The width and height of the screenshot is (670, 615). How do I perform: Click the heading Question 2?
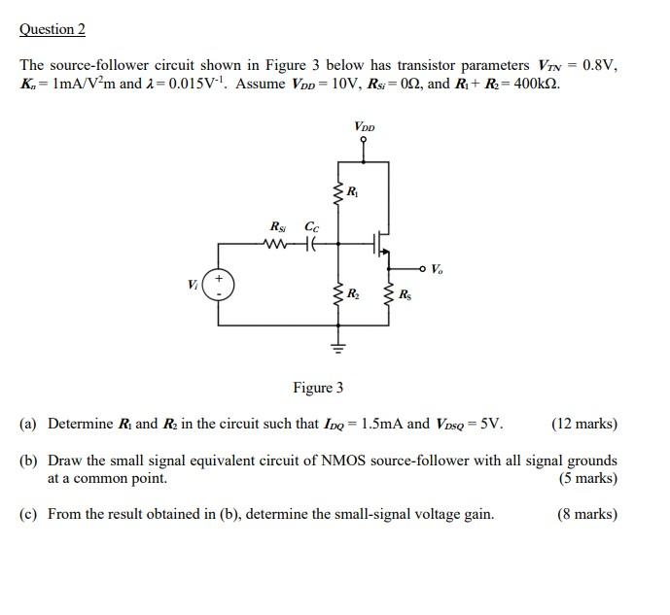point(53,29)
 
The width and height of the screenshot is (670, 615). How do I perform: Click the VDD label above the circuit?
point(365,126)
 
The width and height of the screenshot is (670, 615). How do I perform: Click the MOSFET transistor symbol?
point(382,245)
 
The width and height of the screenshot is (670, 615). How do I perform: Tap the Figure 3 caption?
point(318,388)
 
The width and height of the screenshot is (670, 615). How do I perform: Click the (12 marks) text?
point(583,424)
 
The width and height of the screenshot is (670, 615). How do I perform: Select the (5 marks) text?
point(588,478)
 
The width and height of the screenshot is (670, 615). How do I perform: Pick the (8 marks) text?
point(587,514)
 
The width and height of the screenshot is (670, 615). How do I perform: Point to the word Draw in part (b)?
point(64,461)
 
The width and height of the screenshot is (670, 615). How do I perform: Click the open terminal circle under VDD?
point(364,140)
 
